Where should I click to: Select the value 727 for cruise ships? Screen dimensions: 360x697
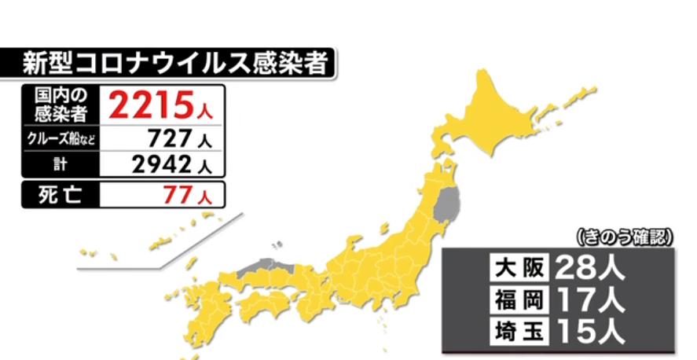(168, 139)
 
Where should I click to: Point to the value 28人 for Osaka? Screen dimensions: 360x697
(589, 269)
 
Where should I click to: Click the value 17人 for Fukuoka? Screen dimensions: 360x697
(589, 299)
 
